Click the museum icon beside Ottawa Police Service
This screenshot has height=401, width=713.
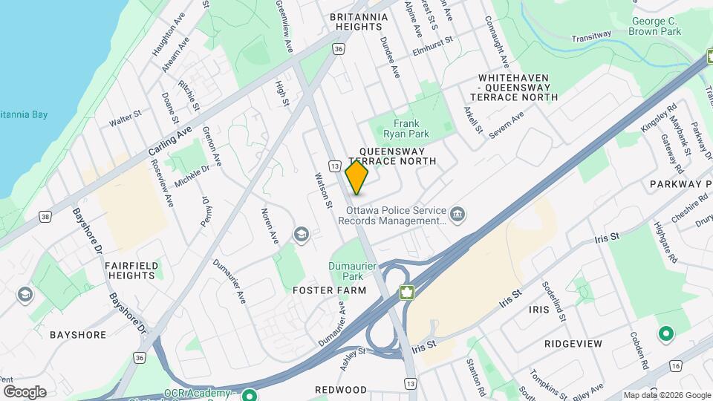458,215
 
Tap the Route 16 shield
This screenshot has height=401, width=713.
674,366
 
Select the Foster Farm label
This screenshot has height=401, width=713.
330,290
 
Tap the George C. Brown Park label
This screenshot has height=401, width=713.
654,27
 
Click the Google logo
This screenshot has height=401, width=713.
25,391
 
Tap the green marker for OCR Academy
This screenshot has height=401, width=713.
250,394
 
